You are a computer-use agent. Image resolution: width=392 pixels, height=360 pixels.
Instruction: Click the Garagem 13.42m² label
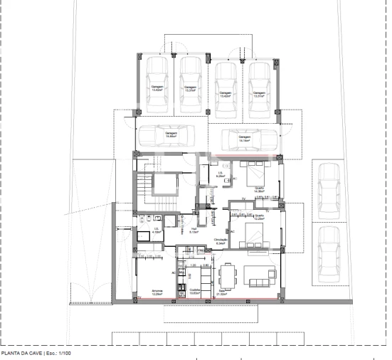[157, 90]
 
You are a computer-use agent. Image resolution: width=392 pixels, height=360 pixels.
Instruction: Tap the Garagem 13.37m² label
[190, 90]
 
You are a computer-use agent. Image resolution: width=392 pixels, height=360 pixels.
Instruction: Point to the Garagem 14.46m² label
[171, 134]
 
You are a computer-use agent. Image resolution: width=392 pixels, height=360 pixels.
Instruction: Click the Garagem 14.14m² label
[245, 139]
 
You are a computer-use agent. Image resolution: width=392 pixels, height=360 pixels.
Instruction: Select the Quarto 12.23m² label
[260, 217]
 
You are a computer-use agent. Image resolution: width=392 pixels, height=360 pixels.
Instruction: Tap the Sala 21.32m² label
[221, 292]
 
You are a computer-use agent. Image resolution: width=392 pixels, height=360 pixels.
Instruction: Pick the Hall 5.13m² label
[194, 231]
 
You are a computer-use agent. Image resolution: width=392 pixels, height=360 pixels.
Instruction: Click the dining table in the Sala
[228, 274]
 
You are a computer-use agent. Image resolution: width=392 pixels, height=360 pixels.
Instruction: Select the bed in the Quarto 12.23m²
[252, 234]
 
